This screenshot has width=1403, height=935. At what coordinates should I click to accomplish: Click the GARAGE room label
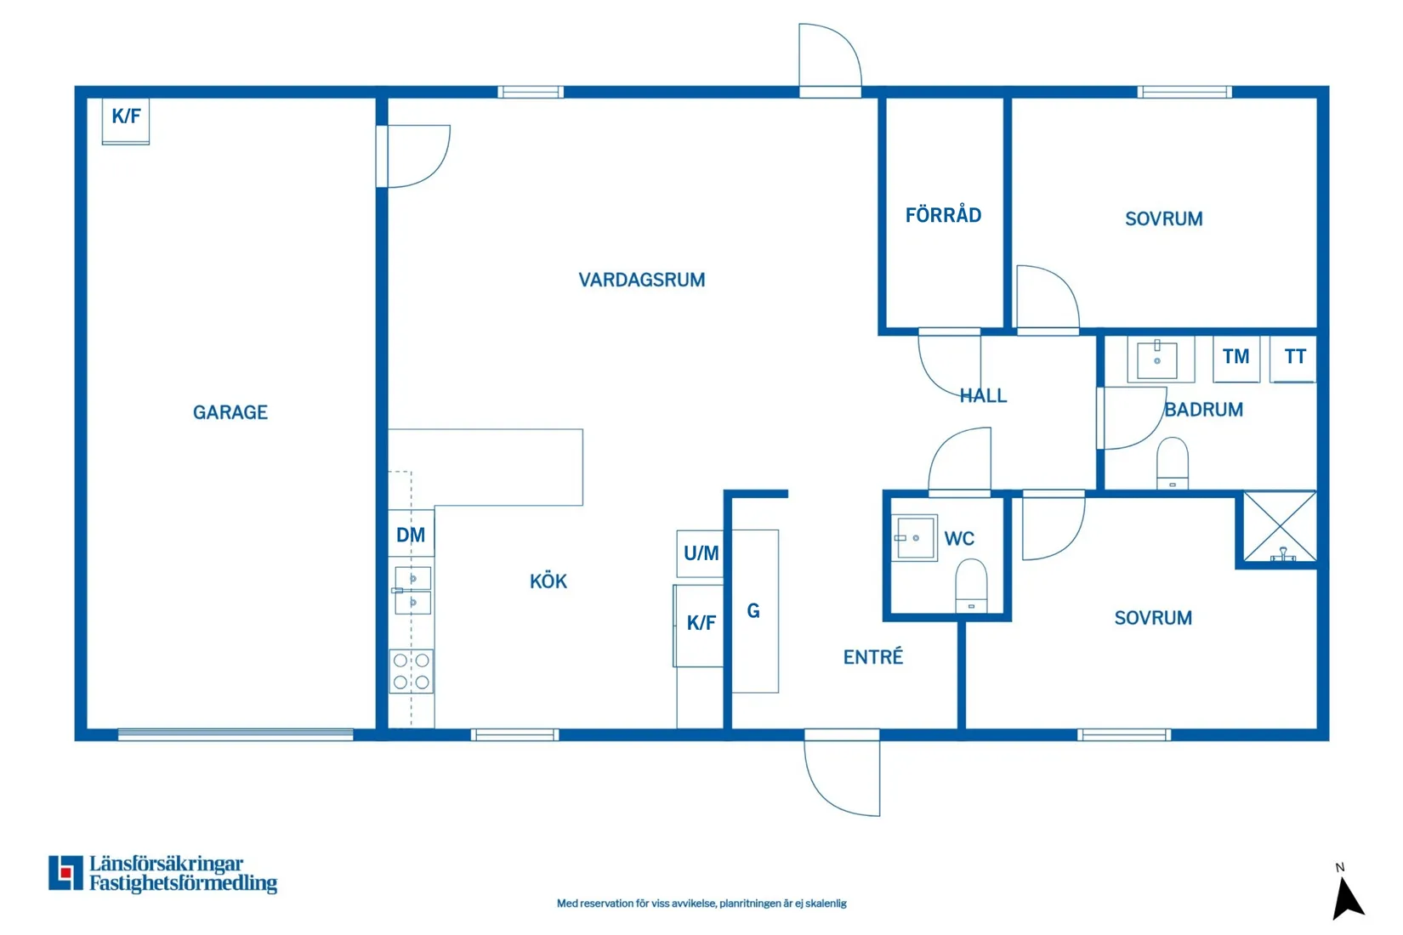(230, 412)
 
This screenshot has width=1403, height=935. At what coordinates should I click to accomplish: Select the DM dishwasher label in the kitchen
(411, 535)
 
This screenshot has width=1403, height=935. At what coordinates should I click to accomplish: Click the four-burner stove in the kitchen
(412, 671)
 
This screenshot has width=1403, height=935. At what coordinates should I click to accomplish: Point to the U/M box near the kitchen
(701, 553)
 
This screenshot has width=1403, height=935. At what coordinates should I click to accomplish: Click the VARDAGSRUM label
(641, 280)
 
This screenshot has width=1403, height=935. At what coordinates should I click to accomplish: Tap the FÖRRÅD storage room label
(943, 215)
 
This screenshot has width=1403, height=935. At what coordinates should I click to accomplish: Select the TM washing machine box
(1235, 357)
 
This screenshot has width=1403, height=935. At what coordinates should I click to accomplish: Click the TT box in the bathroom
(1294, 357)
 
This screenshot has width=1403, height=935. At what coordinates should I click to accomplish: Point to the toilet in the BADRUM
(1173, 463)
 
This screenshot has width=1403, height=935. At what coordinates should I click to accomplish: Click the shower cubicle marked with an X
(1280, 526)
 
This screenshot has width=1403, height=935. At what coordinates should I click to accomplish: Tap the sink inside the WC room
(914, 538)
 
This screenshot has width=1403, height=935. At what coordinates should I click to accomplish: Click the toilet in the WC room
(971, 585)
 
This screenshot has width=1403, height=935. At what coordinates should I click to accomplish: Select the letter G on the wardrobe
(753, 610)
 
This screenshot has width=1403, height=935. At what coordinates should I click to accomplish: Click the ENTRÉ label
(872, 657)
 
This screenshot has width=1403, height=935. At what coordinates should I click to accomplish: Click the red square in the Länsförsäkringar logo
(65, 872)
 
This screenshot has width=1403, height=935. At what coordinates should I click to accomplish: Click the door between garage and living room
(415, 156)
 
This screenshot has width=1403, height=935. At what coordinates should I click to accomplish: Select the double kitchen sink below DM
(412, 591)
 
